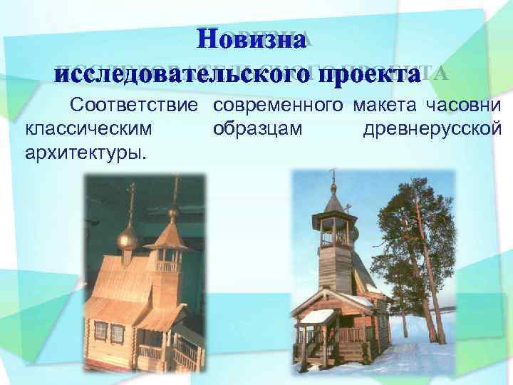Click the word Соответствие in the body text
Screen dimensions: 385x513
tap(133, 107)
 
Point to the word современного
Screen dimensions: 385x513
tap(274, 107)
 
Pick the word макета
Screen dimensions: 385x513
tap(383, 107)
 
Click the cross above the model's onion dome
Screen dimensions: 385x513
tap(131, 196)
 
